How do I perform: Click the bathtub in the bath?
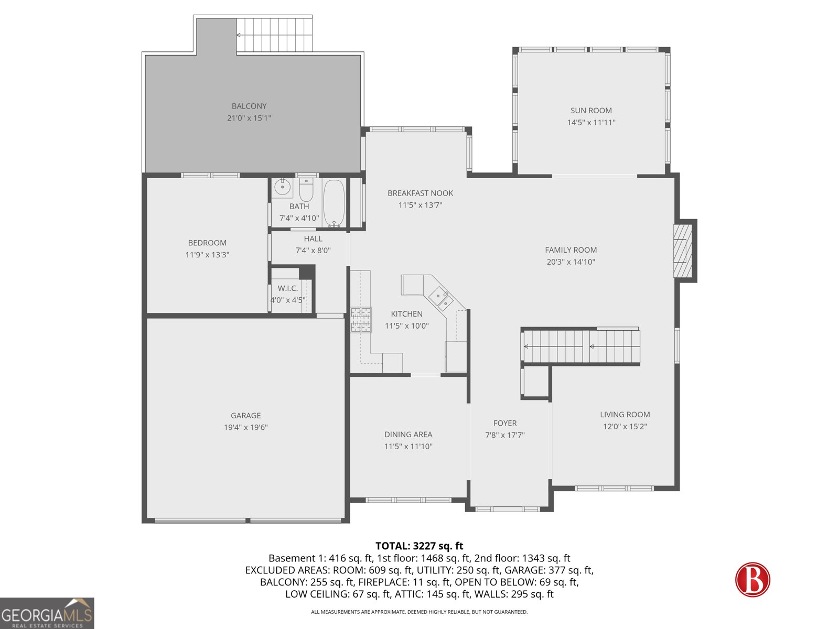tap(334, 202)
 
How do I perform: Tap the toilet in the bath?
tap(306, 190)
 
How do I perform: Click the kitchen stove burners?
tap(361, 320)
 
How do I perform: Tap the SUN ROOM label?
tap(591, 111)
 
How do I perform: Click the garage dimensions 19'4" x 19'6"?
tap(245, 427)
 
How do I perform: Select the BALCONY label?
tap(249, 106)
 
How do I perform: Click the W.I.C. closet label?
tap(287, 288)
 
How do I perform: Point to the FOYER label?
tap(504, 423)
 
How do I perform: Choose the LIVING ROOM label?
tap(625, 415)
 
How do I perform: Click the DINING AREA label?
tap(408, 435)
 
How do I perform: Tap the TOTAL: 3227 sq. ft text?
tap(419, 546)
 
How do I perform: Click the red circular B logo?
tap(752, 580)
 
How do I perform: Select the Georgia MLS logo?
tap(47, 613)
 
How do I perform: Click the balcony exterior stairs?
tap(274, 35)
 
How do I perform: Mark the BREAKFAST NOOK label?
tap(420, 193)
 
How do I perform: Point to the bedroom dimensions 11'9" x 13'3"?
tap(207, 255)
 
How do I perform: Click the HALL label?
tap(313, 238)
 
